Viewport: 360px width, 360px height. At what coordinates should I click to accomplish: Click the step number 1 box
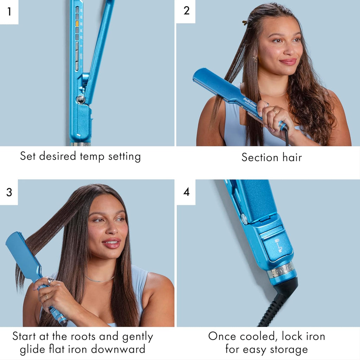[9, 12]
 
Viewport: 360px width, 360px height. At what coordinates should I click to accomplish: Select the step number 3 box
[9, 192]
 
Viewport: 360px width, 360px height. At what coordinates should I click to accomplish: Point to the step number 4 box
[186, 192]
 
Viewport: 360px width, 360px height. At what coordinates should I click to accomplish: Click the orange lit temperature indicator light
[77, 24]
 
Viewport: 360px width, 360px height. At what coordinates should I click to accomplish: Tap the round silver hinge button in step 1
[81, 99]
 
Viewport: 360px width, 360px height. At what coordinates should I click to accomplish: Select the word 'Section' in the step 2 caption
[260, 157]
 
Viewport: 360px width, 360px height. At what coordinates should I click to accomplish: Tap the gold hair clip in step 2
[245, 22]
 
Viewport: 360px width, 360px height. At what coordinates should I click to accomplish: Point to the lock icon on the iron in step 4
[278, 246]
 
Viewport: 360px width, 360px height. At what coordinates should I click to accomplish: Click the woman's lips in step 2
[288, 62]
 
